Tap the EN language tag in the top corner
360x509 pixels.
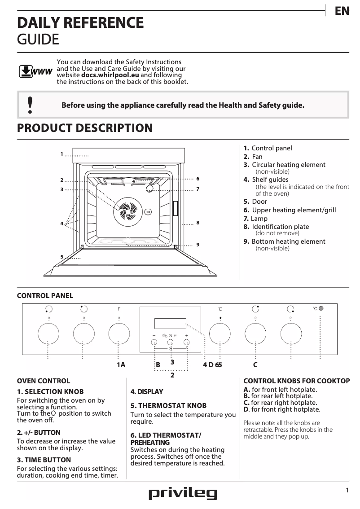tap(342, 11)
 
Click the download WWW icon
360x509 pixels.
tap(35, 72)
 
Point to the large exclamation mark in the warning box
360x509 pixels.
tap(30, 105)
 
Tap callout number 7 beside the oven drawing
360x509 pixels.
tap(198, 189)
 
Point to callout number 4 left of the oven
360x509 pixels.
tap(61, 223)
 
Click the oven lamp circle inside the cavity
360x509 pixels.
tap(149, 189)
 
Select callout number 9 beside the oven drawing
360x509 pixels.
tap(198, 244)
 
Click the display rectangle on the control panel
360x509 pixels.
tap(170, 323)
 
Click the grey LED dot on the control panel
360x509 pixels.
tap(321, 308)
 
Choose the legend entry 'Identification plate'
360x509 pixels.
tap(280, 227)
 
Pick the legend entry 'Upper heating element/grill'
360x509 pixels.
tap(294, 210)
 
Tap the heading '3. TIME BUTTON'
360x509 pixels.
tap(44, 460)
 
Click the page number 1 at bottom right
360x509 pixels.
tap(347, 491)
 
